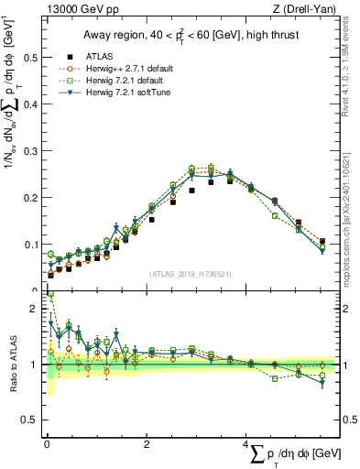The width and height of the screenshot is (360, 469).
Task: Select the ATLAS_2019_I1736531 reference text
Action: point(191,275)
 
